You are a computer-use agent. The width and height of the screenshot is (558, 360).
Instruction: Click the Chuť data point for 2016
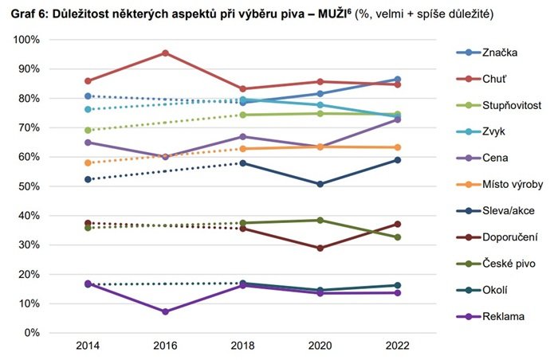(x=165, y=53)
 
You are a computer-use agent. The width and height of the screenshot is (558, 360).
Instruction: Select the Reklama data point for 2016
(x=165, y=311)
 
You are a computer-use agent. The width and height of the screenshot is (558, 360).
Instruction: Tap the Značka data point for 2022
(x=398, y=80)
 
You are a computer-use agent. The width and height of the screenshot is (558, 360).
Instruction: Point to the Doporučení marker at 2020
(x=320, y=248)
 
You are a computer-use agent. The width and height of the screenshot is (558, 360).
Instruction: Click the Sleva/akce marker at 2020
(x=320, y=184)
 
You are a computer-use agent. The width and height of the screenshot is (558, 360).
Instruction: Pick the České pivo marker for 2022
(x=398, y=237)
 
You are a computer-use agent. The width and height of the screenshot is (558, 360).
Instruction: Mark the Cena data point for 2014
(x=88, y=143)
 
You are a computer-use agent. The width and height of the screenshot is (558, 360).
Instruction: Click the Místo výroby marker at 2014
(x=88, y=162)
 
